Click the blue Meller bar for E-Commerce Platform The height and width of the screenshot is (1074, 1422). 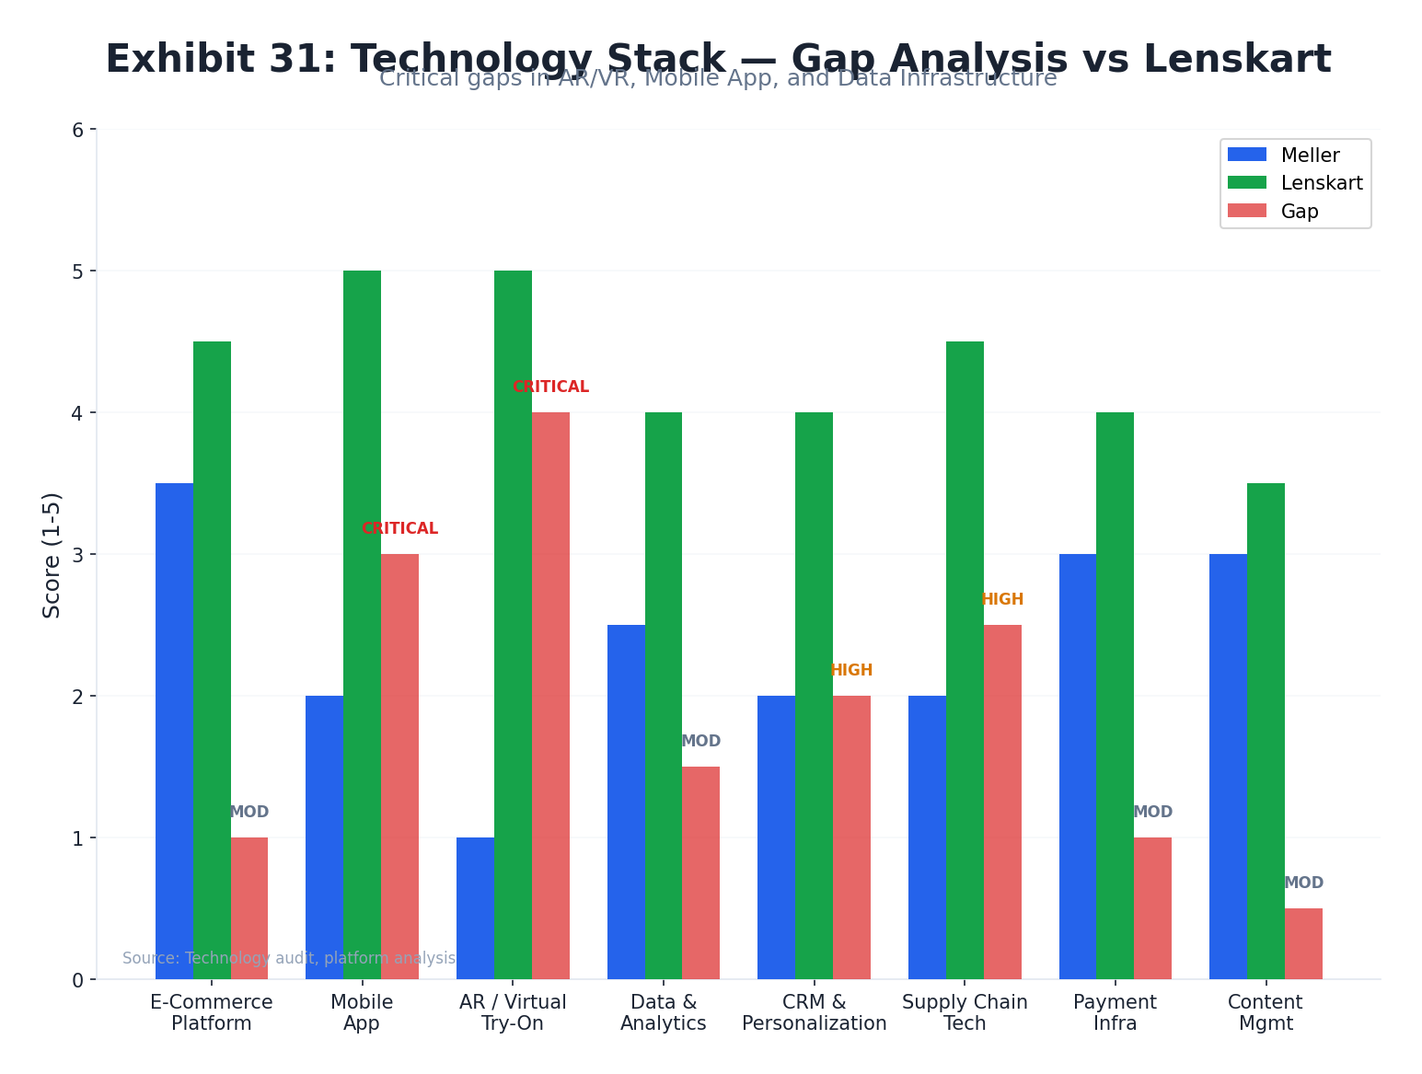pos(174,731)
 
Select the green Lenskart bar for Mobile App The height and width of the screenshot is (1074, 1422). pos(362,625)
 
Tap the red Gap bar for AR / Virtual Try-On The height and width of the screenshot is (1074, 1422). pos(550,696)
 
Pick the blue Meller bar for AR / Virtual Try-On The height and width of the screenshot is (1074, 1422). pos(475,908)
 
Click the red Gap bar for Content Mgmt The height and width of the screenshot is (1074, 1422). pos(1303,943)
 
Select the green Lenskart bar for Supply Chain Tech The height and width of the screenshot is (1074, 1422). pos(965,660)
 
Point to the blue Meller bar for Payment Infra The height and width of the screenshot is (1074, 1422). pos(1078,767)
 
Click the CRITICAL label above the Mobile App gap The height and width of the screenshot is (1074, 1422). pos(399,529)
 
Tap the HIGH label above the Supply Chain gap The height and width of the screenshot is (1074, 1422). pos(1002,600)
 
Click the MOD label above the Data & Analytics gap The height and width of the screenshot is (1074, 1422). pos(700,742)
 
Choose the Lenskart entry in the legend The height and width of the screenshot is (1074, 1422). pos(1321,183)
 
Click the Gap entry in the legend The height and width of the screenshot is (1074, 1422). pos(1299,212)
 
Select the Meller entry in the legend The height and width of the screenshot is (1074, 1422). pos(1309,156)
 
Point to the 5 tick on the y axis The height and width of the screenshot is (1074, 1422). pos(77,271)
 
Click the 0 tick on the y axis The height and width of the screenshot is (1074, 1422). pos(77,980)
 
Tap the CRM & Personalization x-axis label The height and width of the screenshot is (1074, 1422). pos(814,1012)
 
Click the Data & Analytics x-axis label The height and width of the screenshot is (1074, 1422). pos(663,1012)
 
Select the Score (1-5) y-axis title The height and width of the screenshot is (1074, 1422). pos(52,555)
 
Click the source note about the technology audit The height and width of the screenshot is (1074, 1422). pos(289,958)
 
